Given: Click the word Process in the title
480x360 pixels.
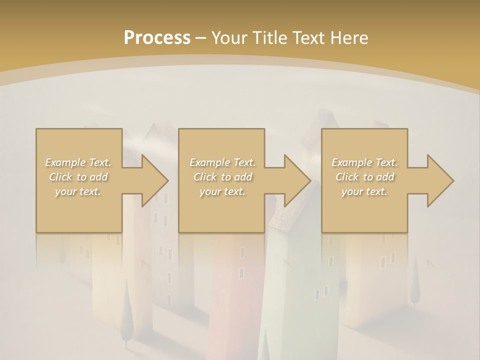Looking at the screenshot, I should (x=157, y=37).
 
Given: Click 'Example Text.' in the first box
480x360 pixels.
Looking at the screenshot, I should (x=78, y=162).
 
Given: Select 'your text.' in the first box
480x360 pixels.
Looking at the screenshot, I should (x=78, y=191).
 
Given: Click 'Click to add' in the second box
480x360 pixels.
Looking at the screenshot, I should (x=222, y=177).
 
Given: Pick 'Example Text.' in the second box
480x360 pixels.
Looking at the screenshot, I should (x=222, y=162).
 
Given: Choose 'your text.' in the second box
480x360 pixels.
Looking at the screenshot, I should (x=222, y=191).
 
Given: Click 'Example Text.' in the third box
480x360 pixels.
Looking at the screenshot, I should (x=364, y=162).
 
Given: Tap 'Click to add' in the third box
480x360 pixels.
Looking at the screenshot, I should (x=364, y=177).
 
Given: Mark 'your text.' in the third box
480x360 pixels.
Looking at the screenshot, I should (x=364, y=191).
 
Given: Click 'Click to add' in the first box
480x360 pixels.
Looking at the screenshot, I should (x=78, y=177).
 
